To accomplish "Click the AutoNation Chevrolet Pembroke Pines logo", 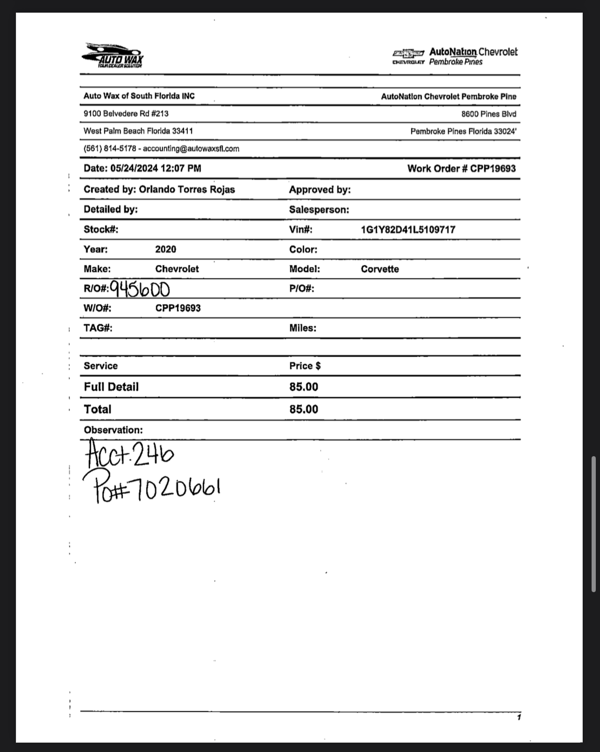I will (455, 57).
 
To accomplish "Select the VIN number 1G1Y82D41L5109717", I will (408, 229).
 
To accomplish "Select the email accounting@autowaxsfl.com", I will (191, 149).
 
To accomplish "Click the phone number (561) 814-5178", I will (110, 149).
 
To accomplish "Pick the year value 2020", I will (165, 249).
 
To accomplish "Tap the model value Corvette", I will (379, 269).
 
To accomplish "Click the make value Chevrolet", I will (177, 269).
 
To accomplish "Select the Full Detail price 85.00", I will (304, 387).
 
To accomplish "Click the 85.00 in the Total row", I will (304, 409).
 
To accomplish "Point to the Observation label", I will (113, 430).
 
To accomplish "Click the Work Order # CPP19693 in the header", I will (461, 169).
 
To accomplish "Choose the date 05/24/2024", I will (134, 168).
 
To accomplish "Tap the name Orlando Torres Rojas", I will (186, 189).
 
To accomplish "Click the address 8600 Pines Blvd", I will (489, 114).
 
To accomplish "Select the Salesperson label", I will (319, 210).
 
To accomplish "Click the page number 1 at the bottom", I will (519, 717).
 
